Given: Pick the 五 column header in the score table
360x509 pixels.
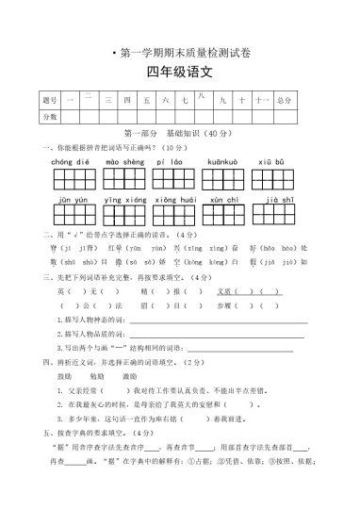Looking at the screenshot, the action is pyautogui.click(x=143, y=99).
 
